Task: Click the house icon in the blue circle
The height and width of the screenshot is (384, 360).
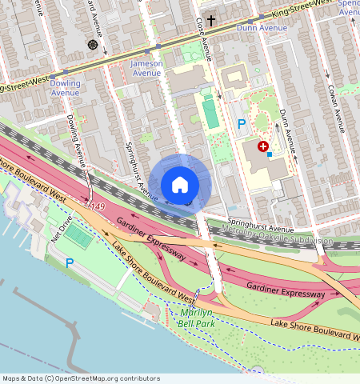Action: click(180, 185)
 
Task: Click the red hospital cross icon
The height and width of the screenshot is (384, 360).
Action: click(262, 146)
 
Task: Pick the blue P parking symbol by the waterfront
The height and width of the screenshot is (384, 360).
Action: click(70, 262)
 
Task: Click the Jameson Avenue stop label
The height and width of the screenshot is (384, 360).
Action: click(146, 68)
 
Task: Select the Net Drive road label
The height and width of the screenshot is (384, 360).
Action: click(62, 227)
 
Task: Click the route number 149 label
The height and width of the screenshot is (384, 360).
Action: click(98, 207)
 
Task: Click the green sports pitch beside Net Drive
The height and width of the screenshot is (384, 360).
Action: click(78, 236)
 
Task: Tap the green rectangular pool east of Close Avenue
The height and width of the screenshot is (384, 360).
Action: click(210, 113)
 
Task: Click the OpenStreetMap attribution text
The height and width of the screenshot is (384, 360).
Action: click(80, 378)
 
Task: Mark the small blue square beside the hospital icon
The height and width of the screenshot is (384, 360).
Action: click(270, 153)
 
